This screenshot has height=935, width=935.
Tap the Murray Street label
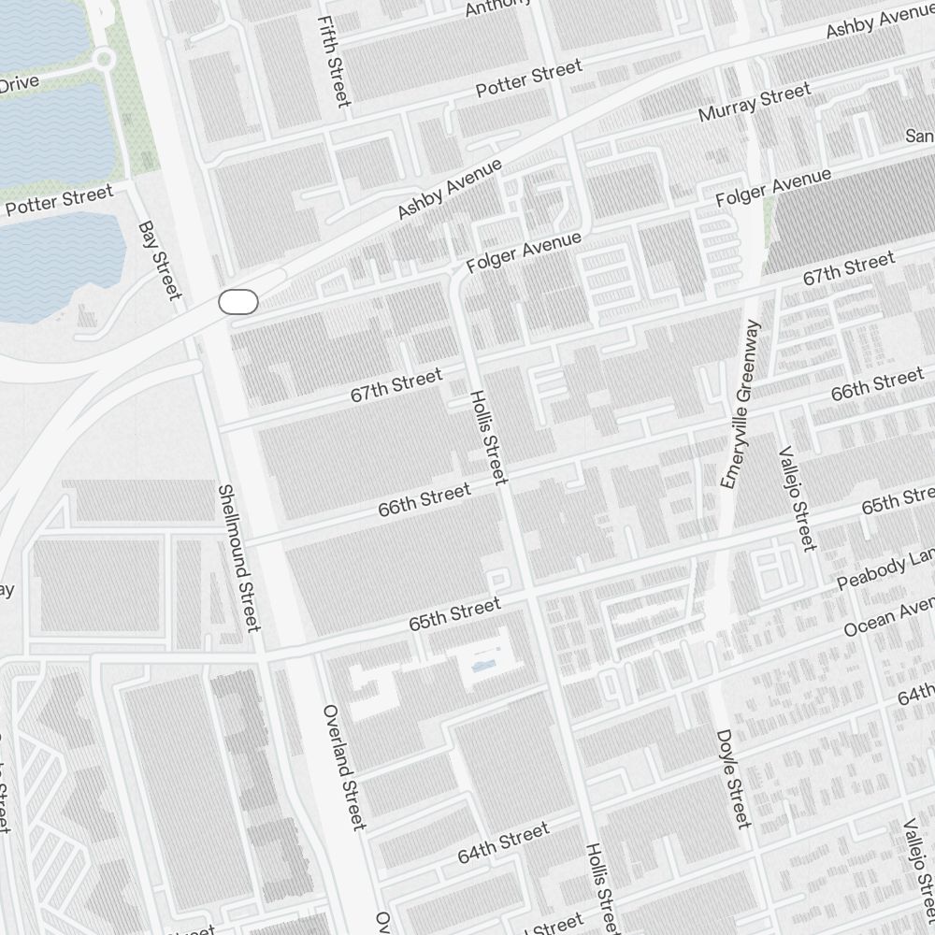click(755, 104)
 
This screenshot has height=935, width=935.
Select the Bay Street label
click(159, 261)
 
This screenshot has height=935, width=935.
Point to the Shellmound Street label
click(238, 557)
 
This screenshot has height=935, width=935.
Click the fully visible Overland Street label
click(343, 767)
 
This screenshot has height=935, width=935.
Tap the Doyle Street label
click(732, 779)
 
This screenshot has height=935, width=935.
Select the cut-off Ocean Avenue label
click(889, 618)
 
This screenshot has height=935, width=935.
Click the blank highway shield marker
click(237, 302)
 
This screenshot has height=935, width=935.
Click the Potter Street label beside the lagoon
click(58, 200)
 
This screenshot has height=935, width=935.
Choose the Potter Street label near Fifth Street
click(528, 78)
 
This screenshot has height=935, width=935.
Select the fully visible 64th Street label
click(503, 843)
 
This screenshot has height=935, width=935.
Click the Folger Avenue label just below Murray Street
click(773, 188)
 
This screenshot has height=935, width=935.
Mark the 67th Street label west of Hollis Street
click(396, 386)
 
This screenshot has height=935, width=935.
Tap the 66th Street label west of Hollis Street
click(424, 500)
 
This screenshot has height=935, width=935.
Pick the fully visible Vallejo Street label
click(797, 496)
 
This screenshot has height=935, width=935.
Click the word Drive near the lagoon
click(19, 83)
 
